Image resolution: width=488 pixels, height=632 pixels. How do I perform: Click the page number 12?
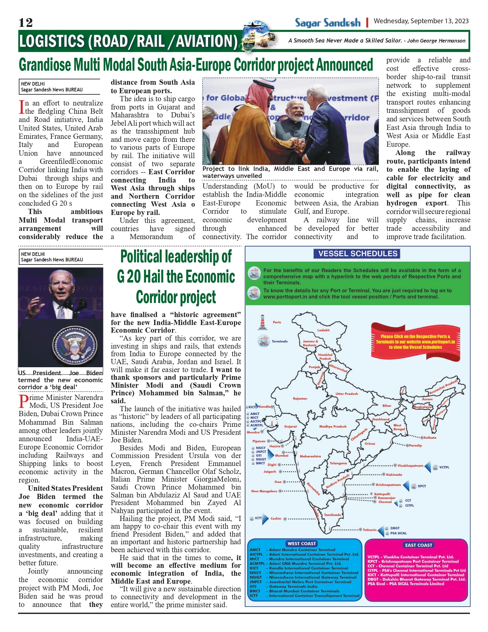[x=25, y=23]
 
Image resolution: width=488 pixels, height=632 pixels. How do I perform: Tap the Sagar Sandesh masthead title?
[x=328, y=23]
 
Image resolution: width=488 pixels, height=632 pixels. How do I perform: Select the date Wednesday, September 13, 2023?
[x=421, y=21]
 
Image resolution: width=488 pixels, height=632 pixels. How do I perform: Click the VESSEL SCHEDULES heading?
[x=358, y=254]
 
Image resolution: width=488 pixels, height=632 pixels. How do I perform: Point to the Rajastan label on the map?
[x=300, y=399]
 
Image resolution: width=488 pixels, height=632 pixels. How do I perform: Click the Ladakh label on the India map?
[x=323, y=330]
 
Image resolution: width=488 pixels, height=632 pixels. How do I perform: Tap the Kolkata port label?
[x=430, y=438]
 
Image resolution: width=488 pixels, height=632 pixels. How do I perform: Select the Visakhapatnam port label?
[x=410, y=466]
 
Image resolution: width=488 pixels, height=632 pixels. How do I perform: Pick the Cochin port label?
[x=276, y=519]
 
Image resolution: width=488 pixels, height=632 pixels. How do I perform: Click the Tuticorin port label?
[x=370, y=530]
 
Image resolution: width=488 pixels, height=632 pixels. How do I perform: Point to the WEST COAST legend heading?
[x=302, y=544]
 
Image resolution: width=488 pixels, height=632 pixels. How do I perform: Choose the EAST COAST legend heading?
[x=419, y=545]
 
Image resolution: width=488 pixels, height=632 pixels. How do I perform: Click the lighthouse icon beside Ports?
[x=262, y=322]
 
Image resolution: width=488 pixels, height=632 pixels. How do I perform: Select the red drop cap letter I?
[x=21, y=107]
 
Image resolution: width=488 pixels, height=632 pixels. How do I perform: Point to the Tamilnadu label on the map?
[x=332, y=515]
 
